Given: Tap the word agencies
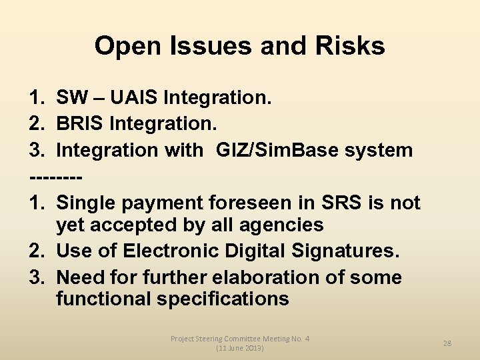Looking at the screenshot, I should click(x=281, y=225).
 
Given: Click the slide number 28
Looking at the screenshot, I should click(x=447, y=343).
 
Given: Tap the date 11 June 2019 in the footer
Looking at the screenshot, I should click(x=240, y=349).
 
